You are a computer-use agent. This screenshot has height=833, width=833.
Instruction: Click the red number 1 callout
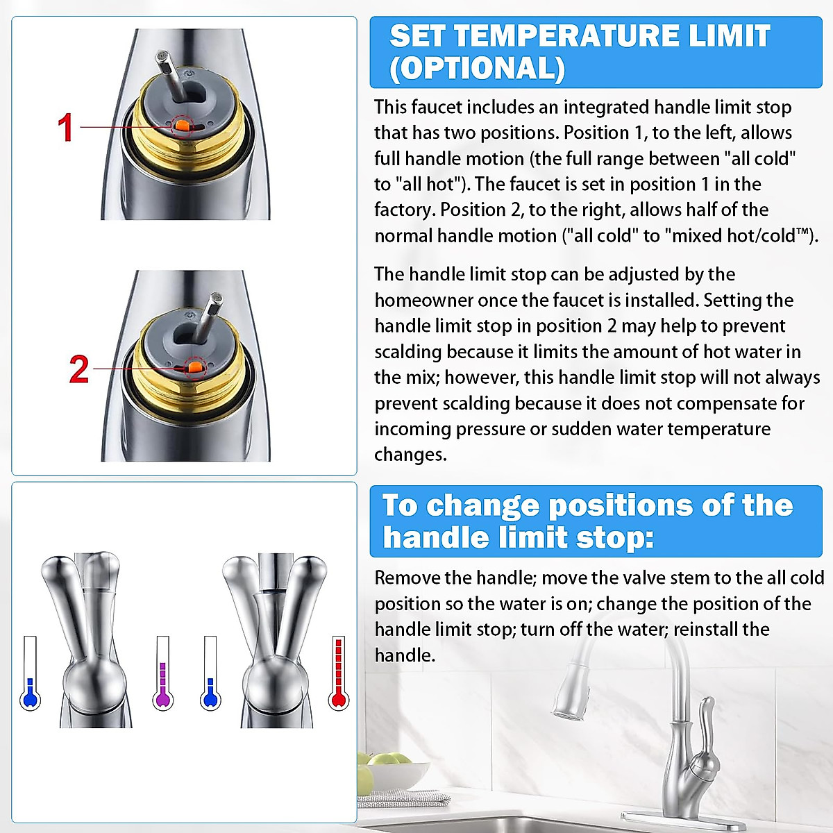pyautogui.click(x=65, y=128)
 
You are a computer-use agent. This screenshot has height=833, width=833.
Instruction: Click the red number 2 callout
pyautogui.click(x=78, y=369)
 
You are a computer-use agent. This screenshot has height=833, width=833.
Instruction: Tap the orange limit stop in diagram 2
pyautogui.click(x=196, y=367)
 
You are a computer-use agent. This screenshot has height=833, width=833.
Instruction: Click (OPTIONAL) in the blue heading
pyautogui.click(x=477, y=69)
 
